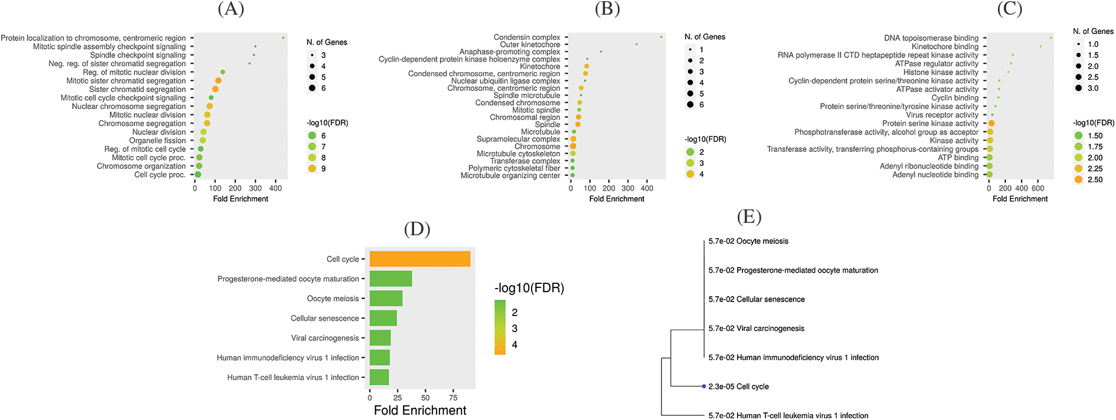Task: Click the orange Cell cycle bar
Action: click(x=419, y=259)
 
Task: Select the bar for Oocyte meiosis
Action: click(x=386, y=299)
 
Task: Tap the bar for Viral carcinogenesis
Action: click(x=380, y=338)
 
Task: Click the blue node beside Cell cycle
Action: click(x=704, y=387)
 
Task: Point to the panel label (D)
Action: click(x=417, y=229)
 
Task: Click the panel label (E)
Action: click(x=749, y=217)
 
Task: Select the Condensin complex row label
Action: click(x=527, y=37)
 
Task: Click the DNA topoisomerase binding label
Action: click(x=931, y=38)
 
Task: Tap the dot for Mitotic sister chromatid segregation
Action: click(x=219, y=80)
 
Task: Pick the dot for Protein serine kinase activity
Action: click(x=991, y=123)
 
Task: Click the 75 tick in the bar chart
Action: click(x=453, y=397)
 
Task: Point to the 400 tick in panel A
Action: click(x=275, y=188)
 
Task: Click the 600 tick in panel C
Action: click(x=1038, y=188)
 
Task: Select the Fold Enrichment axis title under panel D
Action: click(x=420, y=410)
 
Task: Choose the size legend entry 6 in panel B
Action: click(x=691, y=104)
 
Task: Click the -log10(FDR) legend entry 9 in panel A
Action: click(x=312, y=168)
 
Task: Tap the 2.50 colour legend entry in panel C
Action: click(x=1078, y=179)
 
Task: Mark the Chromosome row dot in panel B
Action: click(x=573, y=146)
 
